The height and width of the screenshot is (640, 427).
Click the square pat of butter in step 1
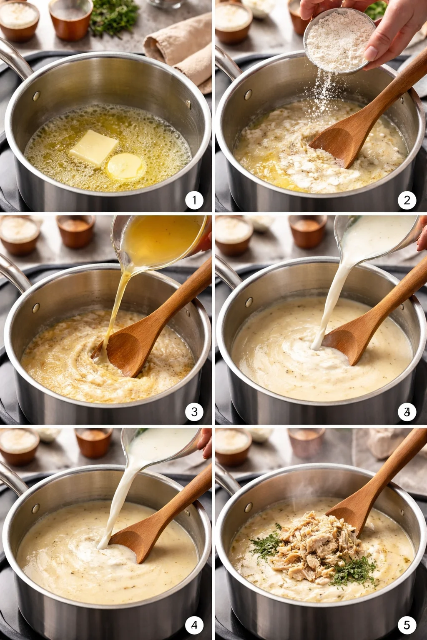tap(94, 148)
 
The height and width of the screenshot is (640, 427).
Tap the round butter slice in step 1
tap(126, 166)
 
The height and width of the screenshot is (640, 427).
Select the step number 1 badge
tap(194, 200)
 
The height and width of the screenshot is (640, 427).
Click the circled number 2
tap(407, 200)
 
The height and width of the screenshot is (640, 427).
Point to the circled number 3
tap(194, 412)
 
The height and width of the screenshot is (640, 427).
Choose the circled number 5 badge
tap(407, 625)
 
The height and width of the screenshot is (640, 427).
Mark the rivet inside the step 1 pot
tap(36, 95)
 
